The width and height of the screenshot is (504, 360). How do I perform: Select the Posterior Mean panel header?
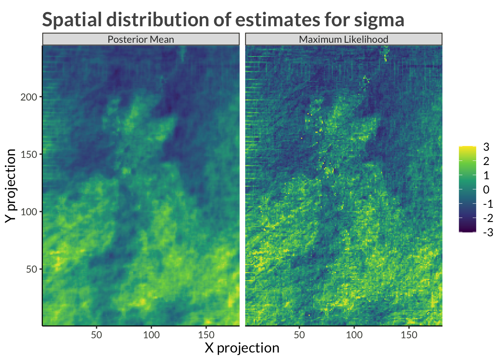coord(141,39)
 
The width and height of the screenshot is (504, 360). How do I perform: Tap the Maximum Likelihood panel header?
coord(343,39)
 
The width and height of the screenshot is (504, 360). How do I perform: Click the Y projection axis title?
coord(11,186)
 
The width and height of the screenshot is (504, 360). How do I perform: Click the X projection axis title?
coord(242,348)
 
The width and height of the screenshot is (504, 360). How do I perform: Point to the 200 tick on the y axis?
coord(29,97)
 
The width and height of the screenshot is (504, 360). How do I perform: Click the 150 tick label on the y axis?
coord(29,154)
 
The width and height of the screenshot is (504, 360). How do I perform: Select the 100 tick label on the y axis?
coord(29,212)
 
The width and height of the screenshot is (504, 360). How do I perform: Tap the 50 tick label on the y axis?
coord(31,269)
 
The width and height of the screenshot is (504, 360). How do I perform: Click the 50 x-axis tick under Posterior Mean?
coord(96,335)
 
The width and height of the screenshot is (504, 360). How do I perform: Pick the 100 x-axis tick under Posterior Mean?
coord(151,335)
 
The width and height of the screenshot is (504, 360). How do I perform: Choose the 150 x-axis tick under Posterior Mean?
coord(206,335)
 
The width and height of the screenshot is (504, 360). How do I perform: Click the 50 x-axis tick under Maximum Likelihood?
coord(299,335)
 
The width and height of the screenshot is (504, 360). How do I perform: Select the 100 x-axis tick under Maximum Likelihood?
coord(354,335)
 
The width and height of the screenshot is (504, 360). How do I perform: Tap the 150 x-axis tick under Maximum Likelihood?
coord(409,335)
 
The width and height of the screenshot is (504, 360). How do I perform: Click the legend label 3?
coord(486,147)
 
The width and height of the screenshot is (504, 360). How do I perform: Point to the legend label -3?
coord(488,232)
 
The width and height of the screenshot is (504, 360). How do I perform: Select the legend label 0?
coord(486,190)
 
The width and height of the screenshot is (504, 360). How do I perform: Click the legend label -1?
coord(488,204)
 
